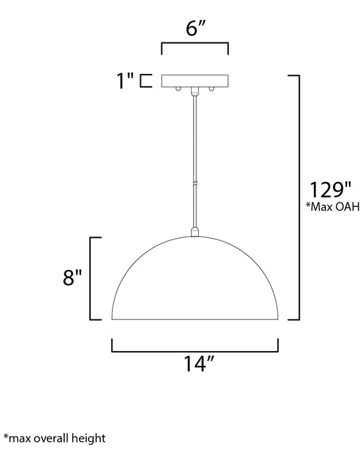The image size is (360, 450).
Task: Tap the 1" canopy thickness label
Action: coord(125,80)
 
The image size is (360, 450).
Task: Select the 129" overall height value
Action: coord(330,190)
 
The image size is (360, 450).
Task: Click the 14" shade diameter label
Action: coord(199,364)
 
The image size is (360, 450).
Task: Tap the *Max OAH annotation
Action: coord(333,206)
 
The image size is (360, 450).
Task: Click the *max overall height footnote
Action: coord(54,438)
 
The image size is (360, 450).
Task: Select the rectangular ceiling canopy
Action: coord(195,80)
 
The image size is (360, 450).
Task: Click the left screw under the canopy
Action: coord(178,89)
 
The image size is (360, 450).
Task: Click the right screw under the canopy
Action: coord(212,89)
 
